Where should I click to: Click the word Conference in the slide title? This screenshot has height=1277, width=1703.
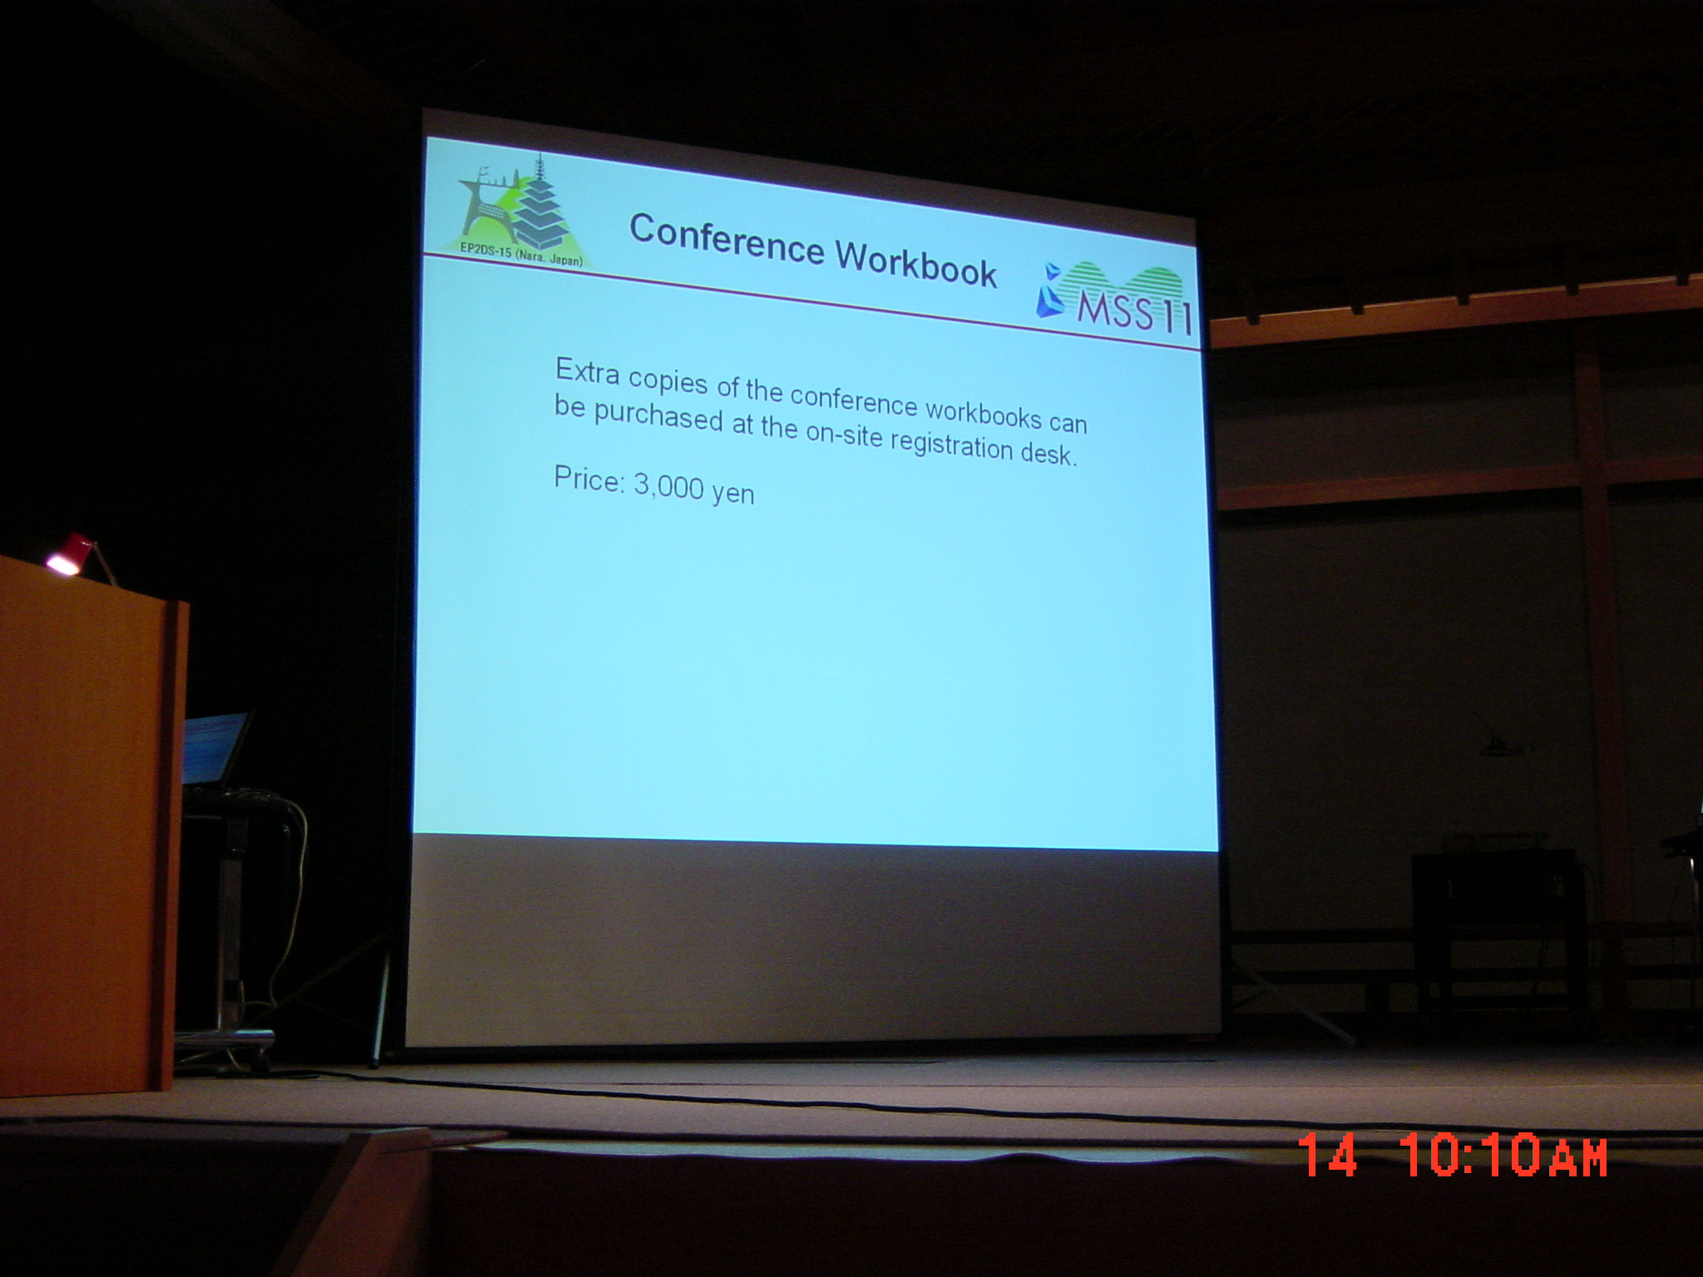(726, 239)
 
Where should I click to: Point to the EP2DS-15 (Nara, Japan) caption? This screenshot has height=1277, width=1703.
(521, 253)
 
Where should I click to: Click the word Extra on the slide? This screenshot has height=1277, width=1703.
(587, 372)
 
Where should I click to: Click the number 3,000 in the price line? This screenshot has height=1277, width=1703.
(669, 486)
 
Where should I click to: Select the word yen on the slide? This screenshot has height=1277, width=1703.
(733, 494)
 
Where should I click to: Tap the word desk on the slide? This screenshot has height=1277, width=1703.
(1049, 454)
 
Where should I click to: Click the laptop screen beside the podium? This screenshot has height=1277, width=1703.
(215, 747)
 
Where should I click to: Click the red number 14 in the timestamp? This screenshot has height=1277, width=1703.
(1327, 1154)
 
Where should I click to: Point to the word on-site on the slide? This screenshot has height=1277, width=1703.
(843, 434)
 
